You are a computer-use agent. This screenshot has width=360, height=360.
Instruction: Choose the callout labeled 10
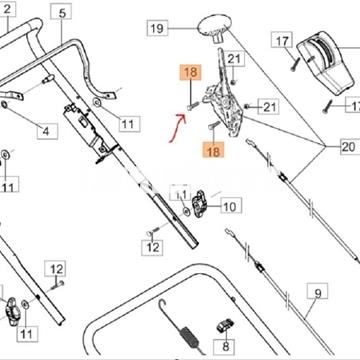click(x=229, y=207)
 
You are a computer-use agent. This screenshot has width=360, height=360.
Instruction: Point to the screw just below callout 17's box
click(x=295, y=63)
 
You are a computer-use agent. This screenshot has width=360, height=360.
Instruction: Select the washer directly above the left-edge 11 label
click(x=7, y=155)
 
